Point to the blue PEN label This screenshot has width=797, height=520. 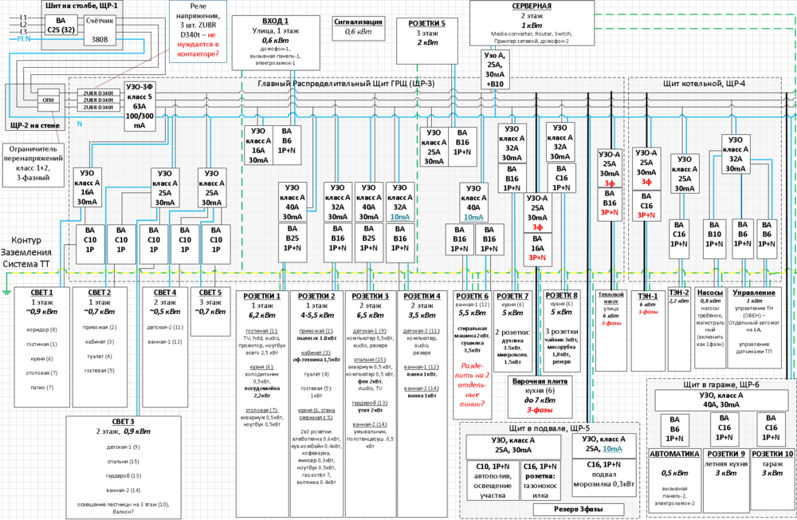tap(24, 38)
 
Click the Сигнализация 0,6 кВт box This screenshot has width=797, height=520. tap(360, 28)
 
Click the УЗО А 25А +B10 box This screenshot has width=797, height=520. tap(495, 69)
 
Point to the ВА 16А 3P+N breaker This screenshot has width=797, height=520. tap(536, 247)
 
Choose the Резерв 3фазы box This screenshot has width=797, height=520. tap(567, 509)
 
